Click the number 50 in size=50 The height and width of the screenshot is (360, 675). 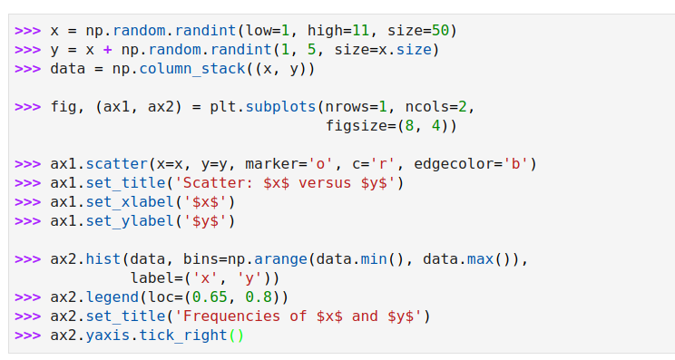coord(439,30)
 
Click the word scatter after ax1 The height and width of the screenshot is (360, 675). coord(117,163)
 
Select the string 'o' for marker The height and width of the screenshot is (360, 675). coord(320,163)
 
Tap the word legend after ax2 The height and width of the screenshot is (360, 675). coord(112,297)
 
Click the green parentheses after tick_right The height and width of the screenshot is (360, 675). coord(236,335)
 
